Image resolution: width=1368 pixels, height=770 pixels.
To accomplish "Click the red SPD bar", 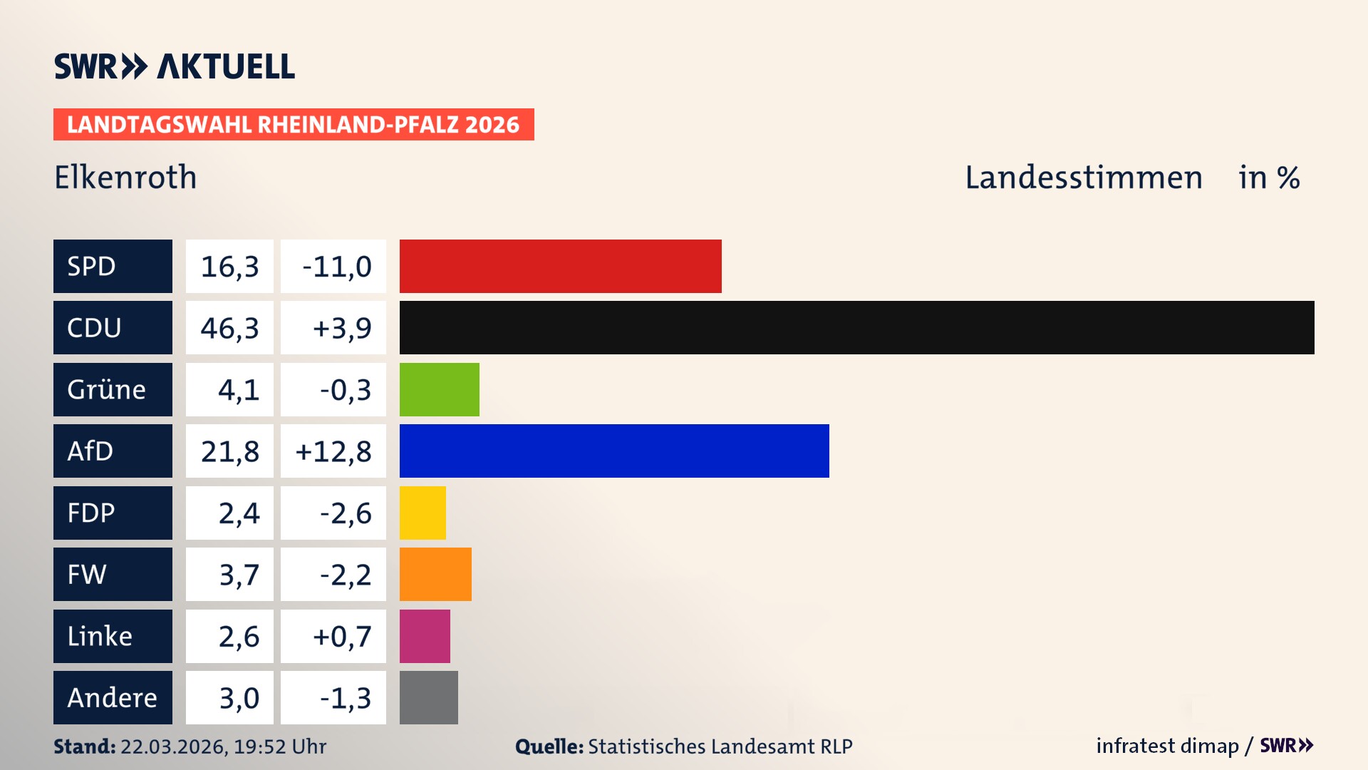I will [x=560, y=266].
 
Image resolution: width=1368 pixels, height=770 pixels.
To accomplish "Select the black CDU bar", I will [x=856, y=327].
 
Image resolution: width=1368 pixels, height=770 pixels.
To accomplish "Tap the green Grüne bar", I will [x=439, y=389].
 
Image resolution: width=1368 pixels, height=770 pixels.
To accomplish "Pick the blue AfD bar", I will [x=614, y=451].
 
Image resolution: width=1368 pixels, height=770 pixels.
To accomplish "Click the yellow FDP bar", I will [x=423, y=513].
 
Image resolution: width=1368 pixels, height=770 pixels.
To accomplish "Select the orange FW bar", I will [x=435, y=574].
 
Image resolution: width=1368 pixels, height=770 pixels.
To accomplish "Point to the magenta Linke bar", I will [x=425, y=636].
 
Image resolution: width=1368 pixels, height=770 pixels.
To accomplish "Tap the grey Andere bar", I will [x=428, y=697].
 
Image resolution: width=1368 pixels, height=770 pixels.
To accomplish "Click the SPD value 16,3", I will [x=229, y=266].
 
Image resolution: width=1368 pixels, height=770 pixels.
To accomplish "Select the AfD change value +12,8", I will [x=333, y=451].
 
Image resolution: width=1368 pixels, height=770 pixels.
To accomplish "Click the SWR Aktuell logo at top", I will [x=175, y=66].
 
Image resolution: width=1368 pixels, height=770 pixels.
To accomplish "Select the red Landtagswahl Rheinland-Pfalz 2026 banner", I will [x=294, y=125].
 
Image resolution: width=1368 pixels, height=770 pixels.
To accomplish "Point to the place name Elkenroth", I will [x=125, y=178].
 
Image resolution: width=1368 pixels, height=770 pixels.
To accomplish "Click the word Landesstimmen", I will [x=1083, y=178].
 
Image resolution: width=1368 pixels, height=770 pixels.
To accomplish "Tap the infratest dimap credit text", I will [x=1167, y=746].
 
